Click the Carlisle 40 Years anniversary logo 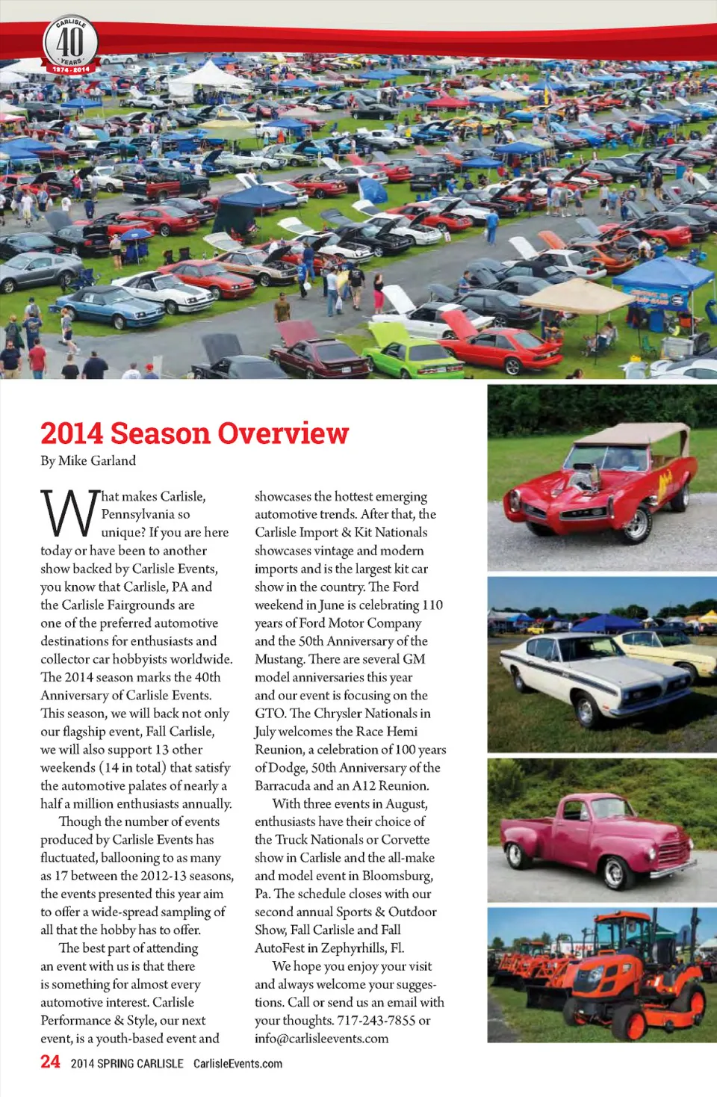click(71, 44)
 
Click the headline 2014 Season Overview click(194, 433)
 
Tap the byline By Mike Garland click(88, 460)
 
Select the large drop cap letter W click(69, 514)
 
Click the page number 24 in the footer click(50, 1062)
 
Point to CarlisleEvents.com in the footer click(238, 1063)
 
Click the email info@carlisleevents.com click(321, 1038)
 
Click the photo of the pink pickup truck click(602, 829)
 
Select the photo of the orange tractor click(602, 974)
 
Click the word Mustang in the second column click(279, 659)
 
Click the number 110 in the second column click(432, 605)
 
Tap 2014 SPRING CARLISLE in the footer click(127, 1063)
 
